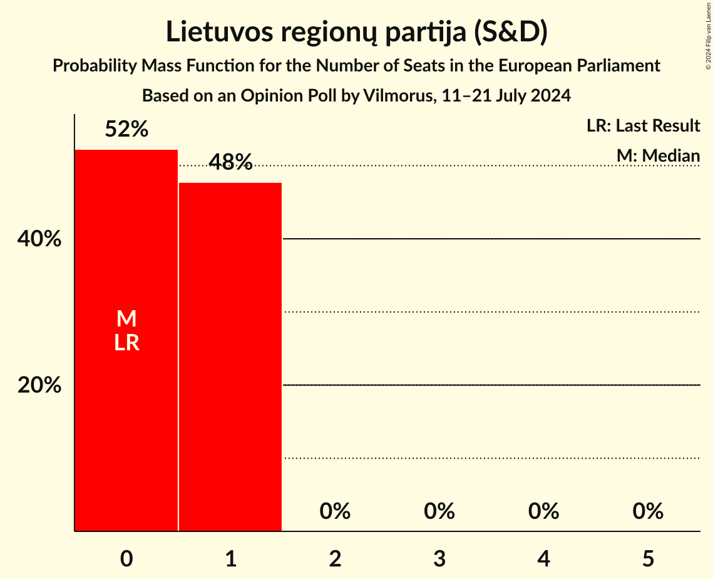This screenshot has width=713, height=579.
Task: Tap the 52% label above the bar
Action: click(x=126, y=130)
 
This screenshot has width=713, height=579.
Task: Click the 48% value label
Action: click(x=230, y=163)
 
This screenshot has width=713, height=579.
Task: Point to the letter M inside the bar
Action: click(x=126, y=319)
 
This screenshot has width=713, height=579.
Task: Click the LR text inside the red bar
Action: click(x=126, y=343)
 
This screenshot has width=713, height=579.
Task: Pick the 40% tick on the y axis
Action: click(x=39, y=239)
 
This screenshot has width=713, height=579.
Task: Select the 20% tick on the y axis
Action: click(x=39, y=385)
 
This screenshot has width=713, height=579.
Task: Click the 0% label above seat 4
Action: click(x=543, y=511)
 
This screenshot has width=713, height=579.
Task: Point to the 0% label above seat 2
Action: click(x=335, y=511)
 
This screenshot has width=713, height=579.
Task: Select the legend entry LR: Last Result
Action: click(x=643, y=126)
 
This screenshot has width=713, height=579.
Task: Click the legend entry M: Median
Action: click(x=658, y=155)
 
